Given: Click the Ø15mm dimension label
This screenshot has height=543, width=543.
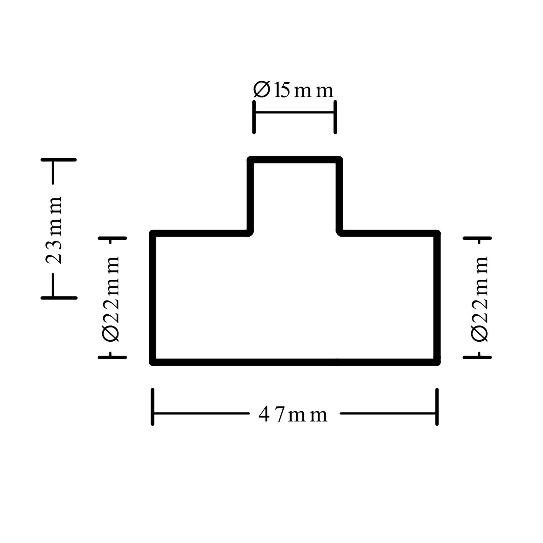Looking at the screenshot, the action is tap(293, 90).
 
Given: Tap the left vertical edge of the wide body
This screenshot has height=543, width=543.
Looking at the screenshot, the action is tap(153, 298).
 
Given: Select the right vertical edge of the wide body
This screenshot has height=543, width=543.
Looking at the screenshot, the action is tap(437, 298).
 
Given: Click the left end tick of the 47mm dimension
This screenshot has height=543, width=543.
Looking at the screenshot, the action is tap(153, 407).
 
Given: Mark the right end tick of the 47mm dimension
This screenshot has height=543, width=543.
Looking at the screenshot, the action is tap(437, 407).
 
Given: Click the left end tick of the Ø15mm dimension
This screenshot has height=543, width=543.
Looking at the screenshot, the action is tap(254, 117).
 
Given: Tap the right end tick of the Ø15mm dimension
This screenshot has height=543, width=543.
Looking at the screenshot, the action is tap(335, 117).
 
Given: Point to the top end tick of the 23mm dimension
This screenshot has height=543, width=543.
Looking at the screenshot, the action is tap(59, 160).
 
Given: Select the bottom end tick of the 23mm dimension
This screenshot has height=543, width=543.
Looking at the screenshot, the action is tap(59, 298).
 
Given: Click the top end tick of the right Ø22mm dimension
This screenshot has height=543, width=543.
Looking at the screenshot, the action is tap(477, 238).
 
